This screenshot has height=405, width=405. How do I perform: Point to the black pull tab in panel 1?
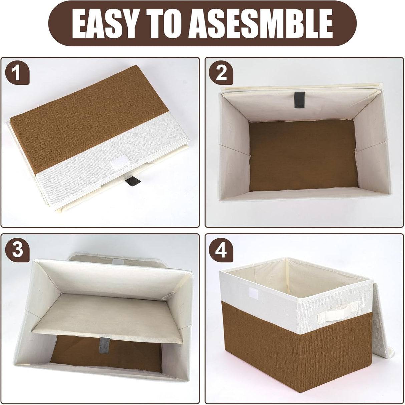point(129,182)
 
